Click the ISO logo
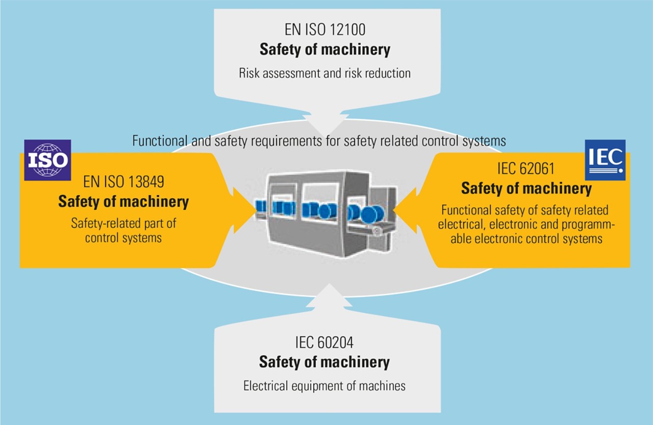click(47, 160)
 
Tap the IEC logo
click(605, 160)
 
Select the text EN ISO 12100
click(324, 30)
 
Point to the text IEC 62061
click(526, 169)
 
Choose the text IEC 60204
click(324, 341)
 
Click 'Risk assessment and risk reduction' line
click(324, 73)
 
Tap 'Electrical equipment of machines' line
click(324, 386)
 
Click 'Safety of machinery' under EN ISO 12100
click(324, 50)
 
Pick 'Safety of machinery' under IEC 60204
click(324, 362)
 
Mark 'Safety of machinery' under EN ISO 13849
click(123, 201)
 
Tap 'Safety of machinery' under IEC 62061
click(526, 189)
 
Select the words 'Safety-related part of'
click(123, 223)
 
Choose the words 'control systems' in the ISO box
click(123, 238)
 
